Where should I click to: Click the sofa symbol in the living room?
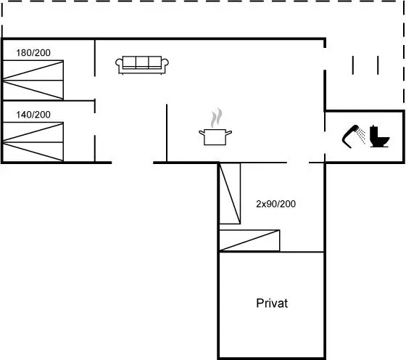[142, 65]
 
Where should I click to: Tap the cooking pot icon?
[215, 137]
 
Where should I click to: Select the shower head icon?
[354, 136]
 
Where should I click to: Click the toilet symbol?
[379, 136]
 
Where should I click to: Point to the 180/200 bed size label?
[33, 53]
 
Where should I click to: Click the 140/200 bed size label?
[33, 115]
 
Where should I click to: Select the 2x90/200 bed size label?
[275, 204]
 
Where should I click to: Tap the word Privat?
[272, 303]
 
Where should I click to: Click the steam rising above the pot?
[217, 118]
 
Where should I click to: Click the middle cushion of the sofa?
[142, 62]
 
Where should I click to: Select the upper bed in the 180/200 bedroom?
[33, 70]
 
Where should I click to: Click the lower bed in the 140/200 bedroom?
[33, 152]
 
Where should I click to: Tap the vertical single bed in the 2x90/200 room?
[230, 193]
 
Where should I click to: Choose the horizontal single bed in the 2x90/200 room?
[249, 240]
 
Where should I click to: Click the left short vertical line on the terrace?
[352, 65]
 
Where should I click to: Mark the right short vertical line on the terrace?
[378, 65]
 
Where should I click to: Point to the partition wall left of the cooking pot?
[167, 134]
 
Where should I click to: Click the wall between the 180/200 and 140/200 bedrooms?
[49, 100]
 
